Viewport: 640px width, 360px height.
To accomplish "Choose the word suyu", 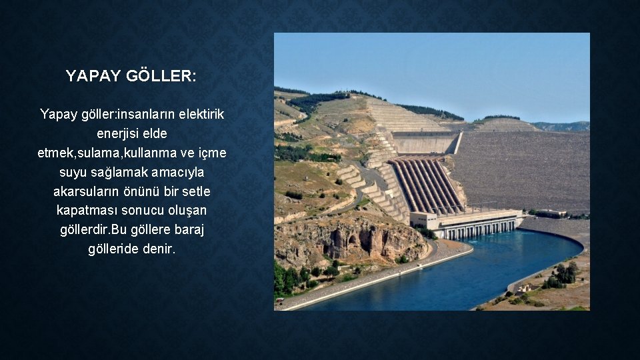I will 74,172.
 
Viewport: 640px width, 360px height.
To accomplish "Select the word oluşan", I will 187,210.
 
